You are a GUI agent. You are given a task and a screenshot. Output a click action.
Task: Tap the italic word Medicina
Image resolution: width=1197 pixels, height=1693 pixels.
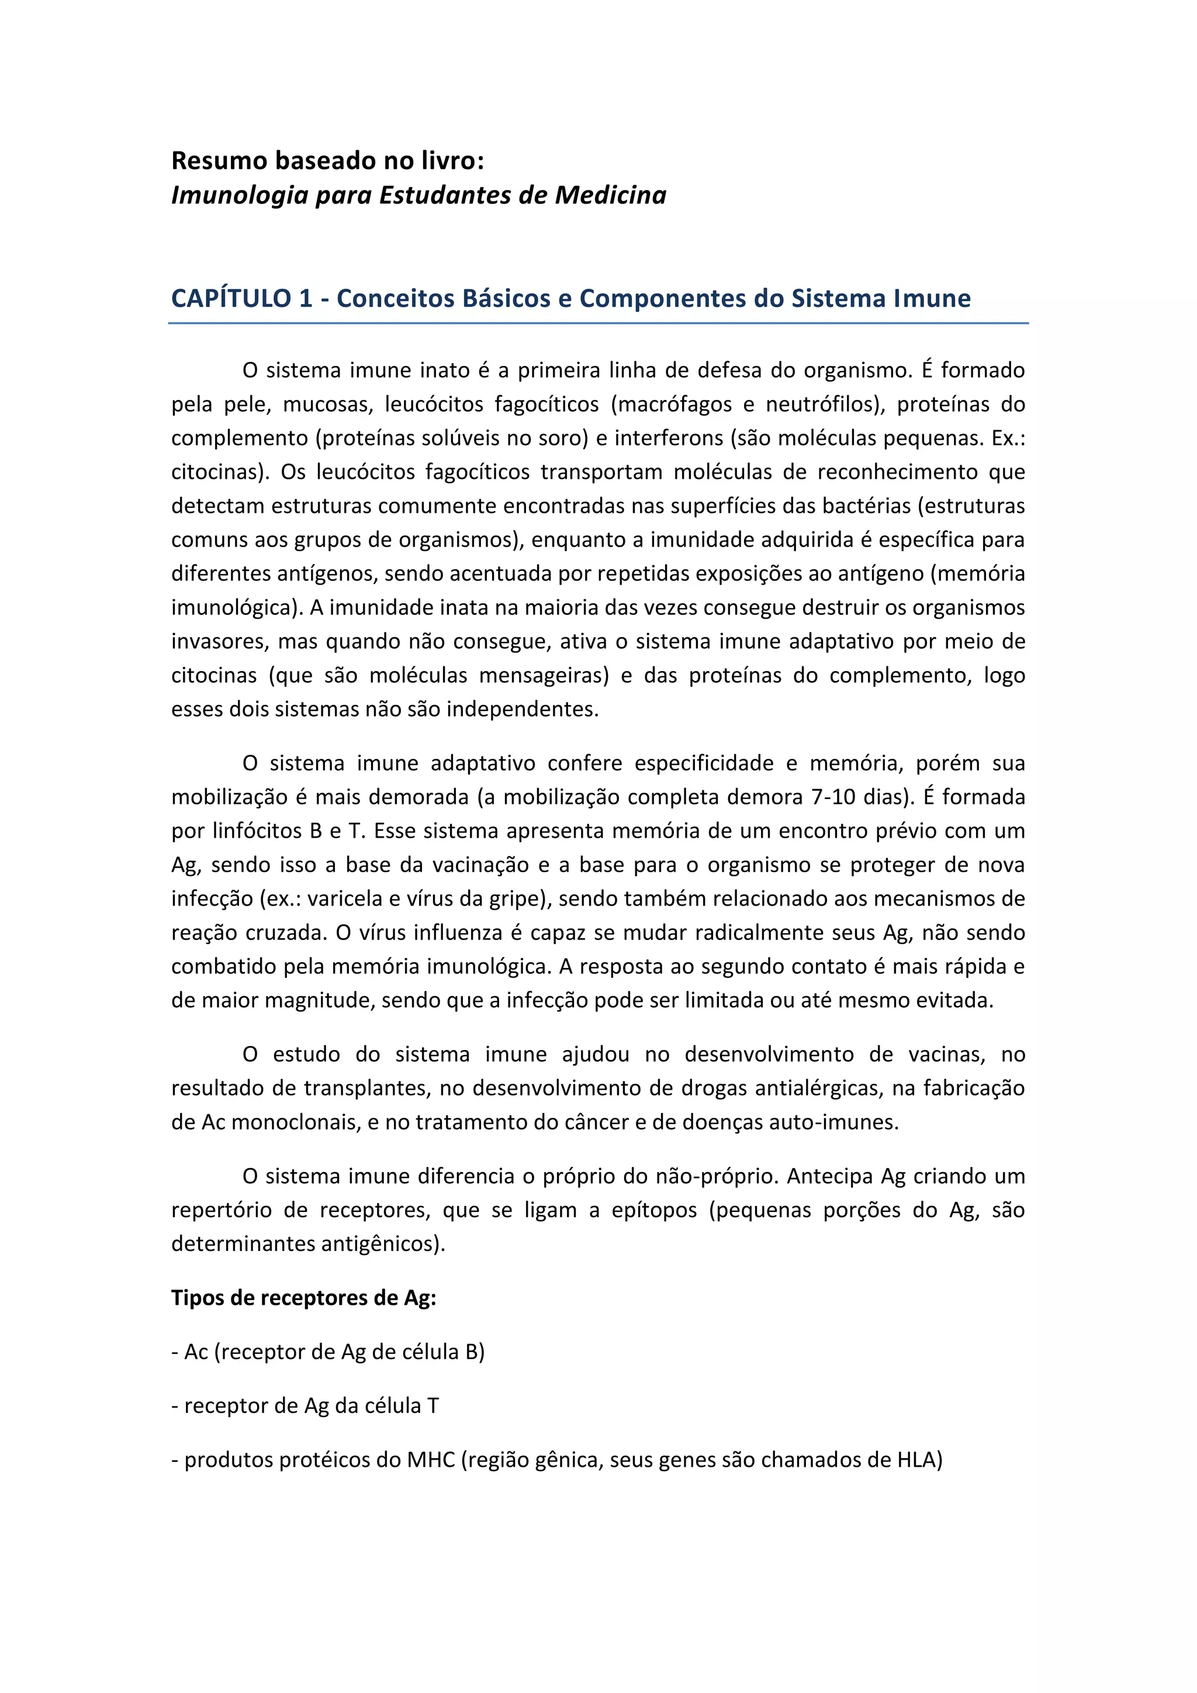610,195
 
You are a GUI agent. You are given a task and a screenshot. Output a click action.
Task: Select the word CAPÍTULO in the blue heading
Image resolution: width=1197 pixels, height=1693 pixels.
231,298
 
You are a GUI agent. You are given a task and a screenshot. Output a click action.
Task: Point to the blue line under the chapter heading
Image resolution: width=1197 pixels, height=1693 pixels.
598,323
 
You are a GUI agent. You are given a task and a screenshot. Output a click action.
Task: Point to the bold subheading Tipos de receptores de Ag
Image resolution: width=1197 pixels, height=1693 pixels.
304,1298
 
